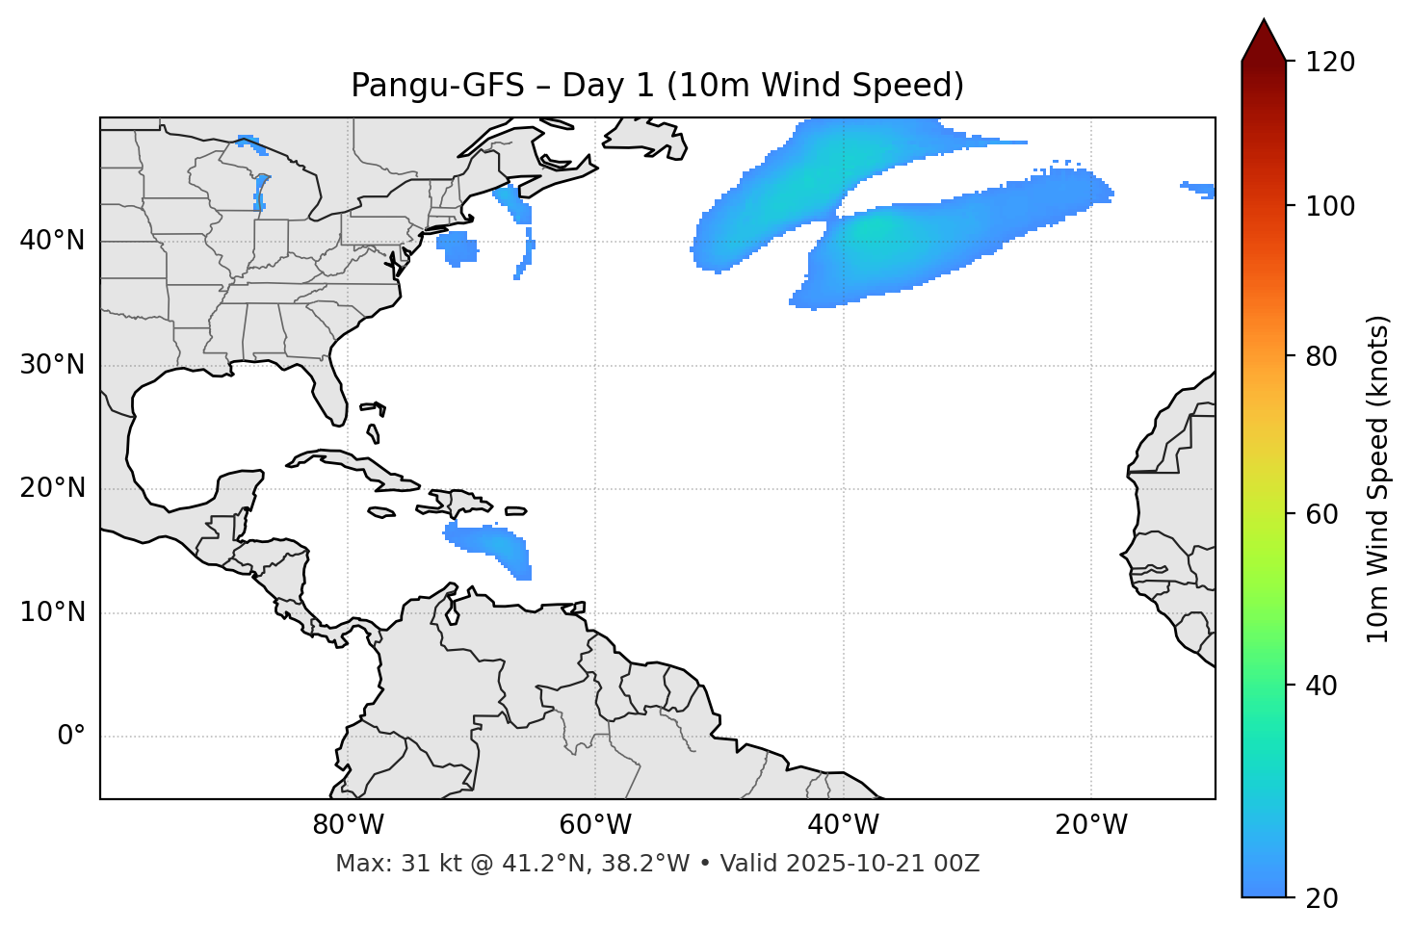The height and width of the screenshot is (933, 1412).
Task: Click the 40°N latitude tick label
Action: coord(52,240)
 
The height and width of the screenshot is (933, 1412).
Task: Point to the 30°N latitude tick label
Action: coord(52,365)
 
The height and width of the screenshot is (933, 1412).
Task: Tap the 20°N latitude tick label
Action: coord(52,488)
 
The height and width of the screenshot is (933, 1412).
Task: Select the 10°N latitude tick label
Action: coord(52,612)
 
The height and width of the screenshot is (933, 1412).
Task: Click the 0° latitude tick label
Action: coord(71,737)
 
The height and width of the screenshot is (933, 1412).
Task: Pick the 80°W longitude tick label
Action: coord(348,825)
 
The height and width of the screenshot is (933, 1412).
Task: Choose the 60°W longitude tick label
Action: coord(595,825)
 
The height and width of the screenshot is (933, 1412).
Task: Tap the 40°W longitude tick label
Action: coord(843,825)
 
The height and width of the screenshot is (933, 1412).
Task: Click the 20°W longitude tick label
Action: coord(1091,825)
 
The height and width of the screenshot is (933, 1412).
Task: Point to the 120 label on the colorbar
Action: coord(1329,62)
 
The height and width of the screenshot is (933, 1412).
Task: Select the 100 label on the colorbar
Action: coord(1329,206)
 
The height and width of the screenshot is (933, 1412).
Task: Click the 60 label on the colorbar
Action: coord(1321,514)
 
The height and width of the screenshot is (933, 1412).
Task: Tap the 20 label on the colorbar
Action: coord(1321,898)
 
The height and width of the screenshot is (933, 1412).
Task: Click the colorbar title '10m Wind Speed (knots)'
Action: coord(1378,479)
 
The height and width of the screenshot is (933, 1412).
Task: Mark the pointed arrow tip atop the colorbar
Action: coord(1264,21)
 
